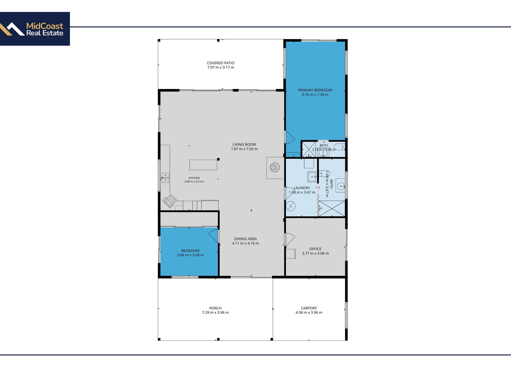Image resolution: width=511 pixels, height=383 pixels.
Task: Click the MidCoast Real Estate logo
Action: pyautogui.click(x=35, y=29)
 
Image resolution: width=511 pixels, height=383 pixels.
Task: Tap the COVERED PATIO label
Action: pyautogui.click(x=221, y=63)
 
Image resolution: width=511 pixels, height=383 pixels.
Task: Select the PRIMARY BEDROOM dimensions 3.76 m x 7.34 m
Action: pyautogui.click(x=315, y=95)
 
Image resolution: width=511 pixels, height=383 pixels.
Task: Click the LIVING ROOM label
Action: pyautogui.click(x=244, y=144)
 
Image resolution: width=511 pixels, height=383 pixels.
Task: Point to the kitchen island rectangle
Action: pyautogui.click(x=203, y=165)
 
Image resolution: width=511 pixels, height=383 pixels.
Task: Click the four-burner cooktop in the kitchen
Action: pyautogui.click(x=169, y=201)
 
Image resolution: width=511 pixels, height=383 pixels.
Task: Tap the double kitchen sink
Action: pyautogui.click(x=165, y=178)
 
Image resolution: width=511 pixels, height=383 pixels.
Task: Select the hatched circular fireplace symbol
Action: pyautogui.click(x=275, y=167)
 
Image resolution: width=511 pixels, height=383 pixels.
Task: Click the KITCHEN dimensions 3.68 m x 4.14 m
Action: pyautogui.click(x=194, y=182)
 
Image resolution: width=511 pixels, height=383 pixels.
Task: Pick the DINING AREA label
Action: pyautogui.click(x=245, y=239)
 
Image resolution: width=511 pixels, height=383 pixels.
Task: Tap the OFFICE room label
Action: pyautogui.click(x=315, y=249)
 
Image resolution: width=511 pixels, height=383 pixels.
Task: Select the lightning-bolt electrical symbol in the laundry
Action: pyautogui.click(x=291, y=206)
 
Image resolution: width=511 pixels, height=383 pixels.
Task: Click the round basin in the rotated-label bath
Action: pyautogui.click(x=341, y=186)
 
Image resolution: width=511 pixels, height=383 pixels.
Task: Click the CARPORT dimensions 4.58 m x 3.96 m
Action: pyautogui.click(x=309, y=313)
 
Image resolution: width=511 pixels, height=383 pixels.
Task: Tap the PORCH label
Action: pyautogui.click(x=215, y=308)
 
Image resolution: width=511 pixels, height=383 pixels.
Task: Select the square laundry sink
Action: pyautogui.click(x=312, y=177)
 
